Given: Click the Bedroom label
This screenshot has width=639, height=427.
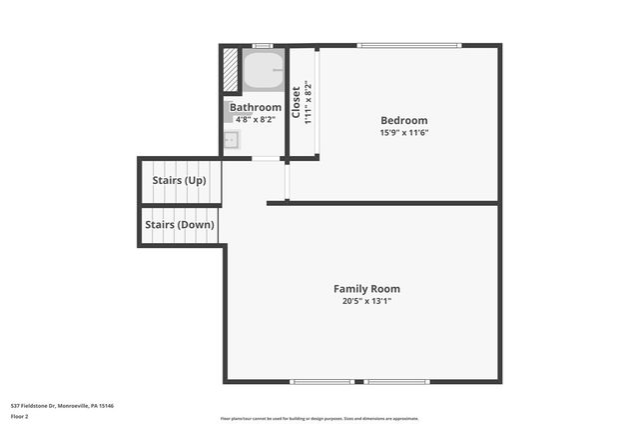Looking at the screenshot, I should point(403,120).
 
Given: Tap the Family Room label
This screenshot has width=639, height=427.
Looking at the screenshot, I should point(366,289).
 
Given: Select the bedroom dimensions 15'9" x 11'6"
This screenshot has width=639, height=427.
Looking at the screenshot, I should point(403,133).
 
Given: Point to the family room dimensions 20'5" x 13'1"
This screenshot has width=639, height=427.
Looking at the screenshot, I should point(366,301).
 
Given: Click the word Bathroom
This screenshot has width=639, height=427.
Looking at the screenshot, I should point(256,107).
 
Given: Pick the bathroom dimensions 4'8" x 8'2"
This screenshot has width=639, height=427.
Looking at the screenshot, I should point(256,119).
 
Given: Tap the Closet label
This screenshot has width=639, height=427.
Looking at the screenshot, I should point(297,102).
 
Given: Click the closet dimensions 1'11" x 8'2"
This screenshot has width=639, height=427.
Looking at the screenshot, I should point(309,102).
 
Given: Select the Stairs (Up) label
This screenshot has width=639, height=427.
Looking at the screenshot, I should point(180,181).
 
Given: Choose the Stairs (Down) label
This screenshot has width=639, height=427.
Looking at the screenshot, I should point(180,225).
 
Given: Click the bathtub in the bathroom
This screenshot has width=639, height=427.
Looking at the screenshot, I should point(264,70).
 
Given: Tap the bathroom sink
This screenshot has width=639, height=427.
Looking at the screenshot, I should point(232,140).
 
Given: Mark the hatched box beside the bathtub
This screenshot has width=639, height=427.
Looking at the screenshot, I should point(231,70).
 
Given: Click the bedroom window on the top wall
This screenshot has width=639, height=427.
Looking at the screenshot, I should point(409,45).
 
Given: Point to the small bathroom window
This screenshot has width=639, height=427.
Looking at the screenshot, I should point(263,45).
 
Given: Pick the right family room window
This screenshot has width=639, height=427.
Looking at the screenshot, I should point(396,381).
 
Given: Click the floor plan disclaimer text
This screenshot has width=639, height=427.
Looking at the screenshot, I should point(319,418).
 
